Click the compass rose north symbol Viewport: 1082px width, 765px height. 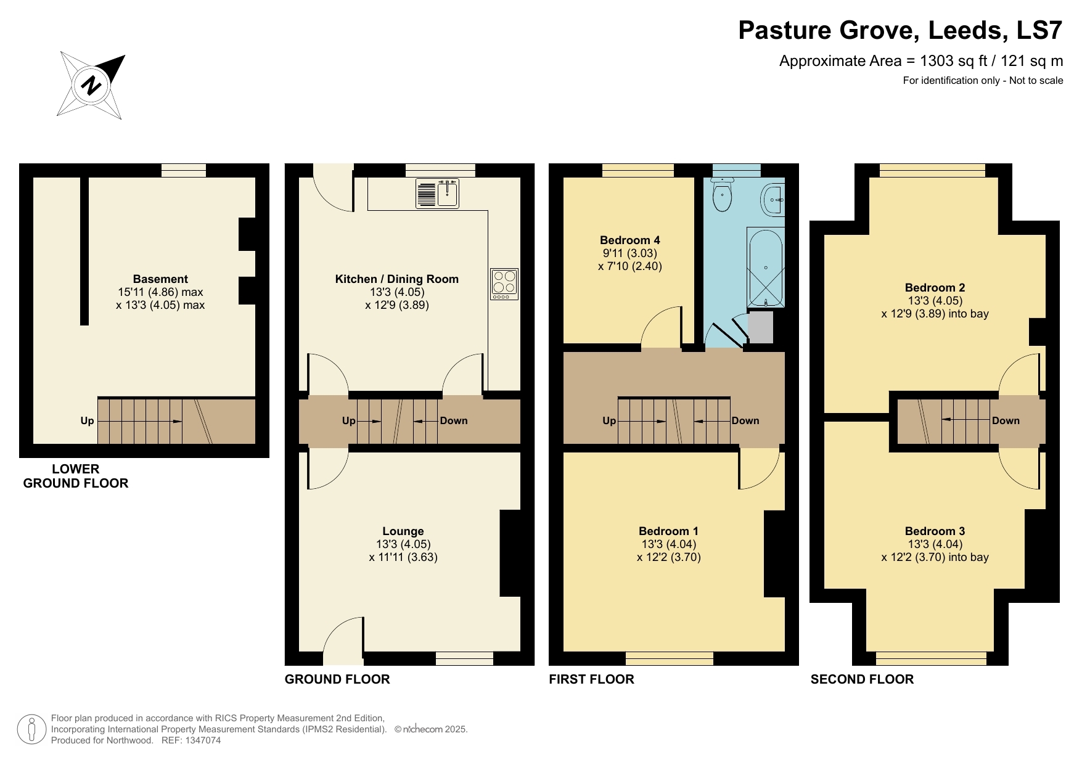tap(91, 85)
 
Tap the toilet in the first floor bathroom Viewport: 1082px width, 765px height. tap(721, 196)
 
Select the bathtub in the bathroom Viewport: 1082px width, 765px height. tap(766, 268)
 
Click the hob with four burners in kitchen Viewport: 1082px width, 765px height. tap(504, 284)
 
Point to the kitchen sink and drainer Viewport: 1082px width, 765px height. tap(437, 192)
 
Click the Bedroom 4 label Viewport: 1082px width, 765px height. tap(629, 240)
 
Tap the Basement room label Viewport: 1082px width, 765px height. tap(160, 279)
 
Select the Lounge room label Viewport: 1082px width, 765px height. tap(403, 531)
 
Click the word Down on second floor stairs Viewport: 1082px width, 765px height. tap(1006, 421)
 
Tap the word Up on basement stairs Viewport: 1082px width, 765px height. tap(87, 421)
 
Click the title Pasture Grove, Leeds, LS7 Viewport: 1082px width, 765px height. tap(900, 30)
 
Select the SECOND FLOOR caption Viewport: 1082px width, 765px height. tap(861, 679)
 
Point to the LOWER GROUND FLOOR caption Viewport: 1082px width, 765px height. tap(76, 477)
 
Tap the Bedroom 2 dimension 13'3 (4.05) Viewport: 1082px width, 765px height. tap(935, 301)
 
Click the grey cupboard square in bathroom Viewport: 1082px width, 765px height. tap(760, 327)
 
